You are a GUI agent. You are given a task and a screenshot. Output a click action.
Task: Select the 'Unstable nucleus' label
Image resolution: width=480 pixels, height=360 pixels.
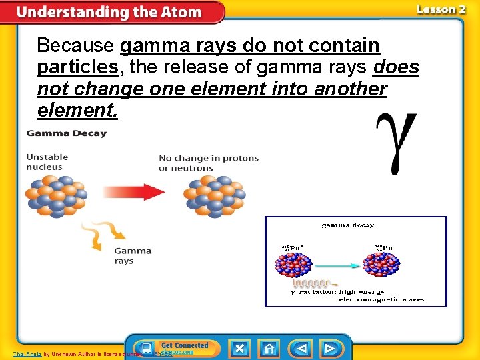tap(47, 162)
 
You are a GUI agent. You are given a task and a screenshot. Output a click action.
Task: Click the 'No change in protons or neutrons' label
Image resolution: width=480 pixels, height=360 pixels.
tap(209, 163)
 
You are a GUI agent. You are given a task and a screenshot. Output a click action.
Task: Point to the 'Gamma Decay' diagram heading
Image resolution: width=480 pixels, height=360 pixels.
tap(66, 133)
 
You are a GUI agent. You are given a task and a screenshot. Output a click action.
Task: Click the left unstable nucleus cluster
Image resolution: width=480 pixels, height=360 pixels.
tap(55, 195)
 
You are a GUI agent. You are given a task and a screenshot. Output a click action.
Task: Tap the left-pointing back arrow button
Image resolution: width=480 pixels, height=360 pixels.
tap(301, 348)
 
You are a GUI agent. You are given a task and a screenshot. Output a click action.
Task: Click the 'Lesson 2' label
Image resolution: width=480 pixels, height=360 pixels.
tap(441, 9)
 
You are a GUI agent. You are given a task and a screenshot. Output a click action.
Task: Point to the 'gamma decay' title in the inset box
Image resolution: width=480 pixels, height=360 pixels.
tap(347, 225)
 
